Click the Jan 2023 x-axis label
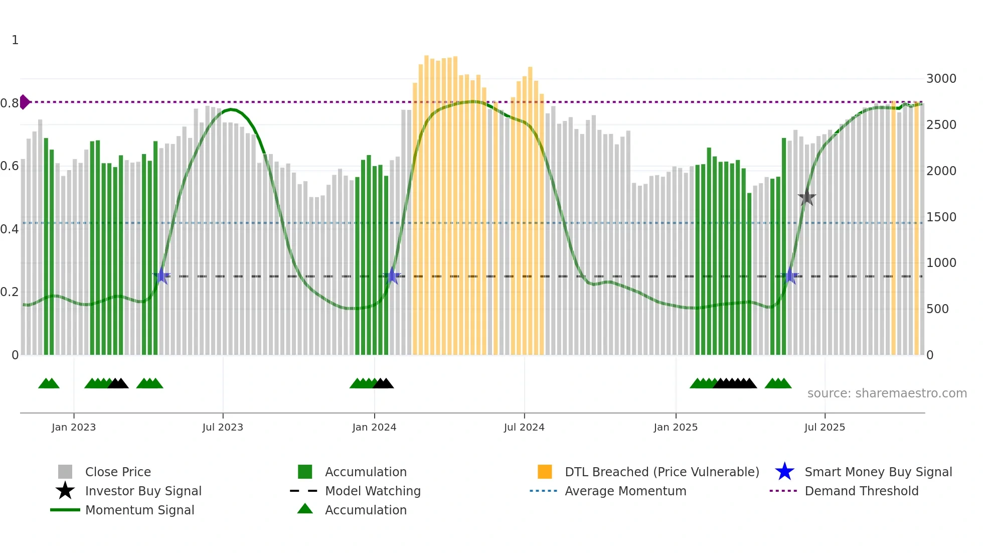coord(73,427)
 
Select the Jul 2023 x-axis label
coord(223,427)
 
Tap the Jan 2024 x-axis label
coord(374,427)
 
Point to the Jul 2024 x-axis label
coord(524,427)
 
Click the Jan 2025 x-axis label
coord(676,427)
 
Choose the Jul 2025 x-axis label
coord(825,427)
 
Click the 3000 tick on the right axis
coord(941,79)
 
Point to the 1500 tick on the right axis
coord(941,217)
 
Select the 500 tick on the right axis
coord(937,309)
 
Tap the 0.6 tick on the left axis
coord(10,166)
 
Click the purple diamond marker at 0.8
coord(24,102)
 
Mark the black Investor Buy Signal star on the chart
coord(807,198)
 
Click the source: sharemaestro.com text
coord(887,393)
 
